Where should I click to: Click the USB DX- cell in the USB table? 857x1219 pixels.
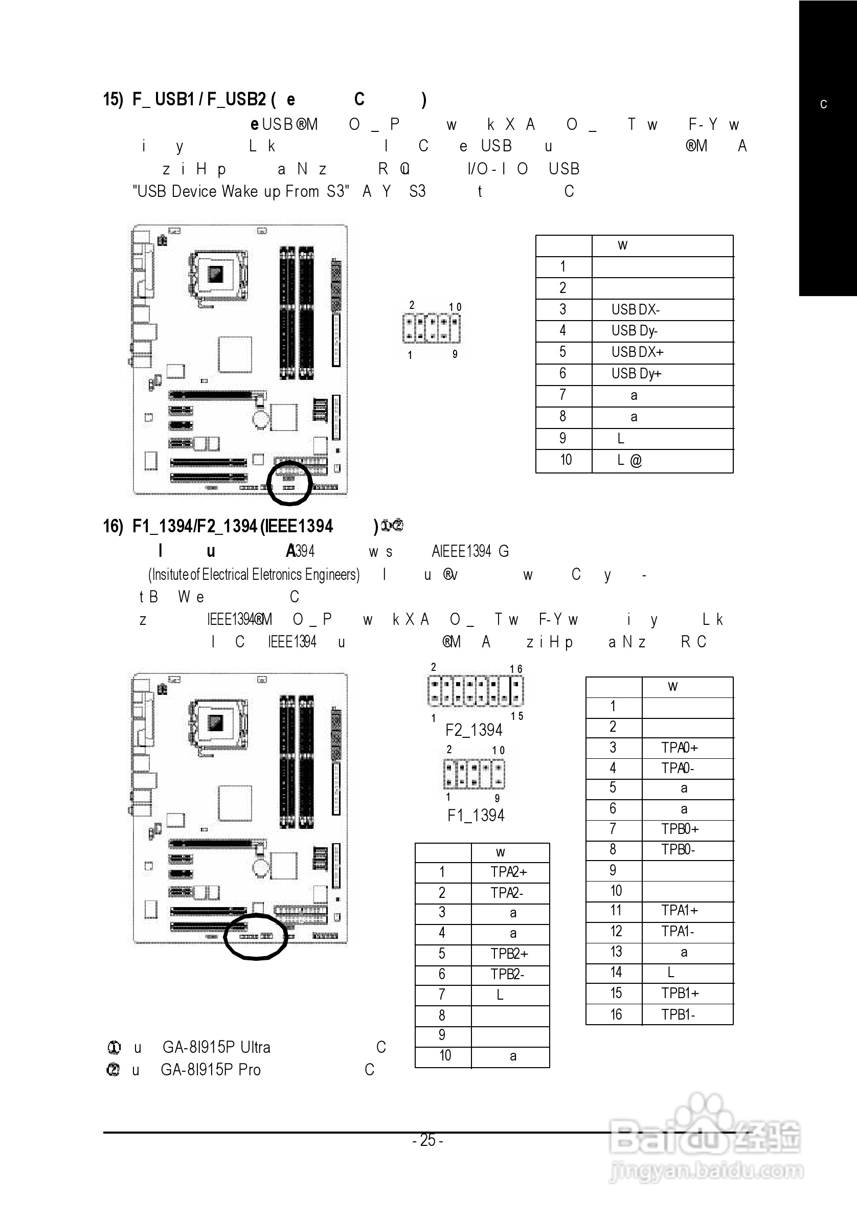coord(635,309)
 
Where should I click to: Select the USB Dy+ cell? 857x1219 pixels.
coord(636,374)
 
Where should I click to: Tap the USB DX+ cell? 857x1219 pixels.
coord(637,352)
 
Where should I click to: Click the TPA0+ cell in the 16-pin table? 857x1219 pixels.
coord(679,748)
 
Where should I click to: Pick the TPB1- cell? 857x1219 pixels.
coord(678,1014)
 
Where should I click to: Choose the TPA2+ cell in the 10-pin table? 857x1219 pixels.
coord(509,872)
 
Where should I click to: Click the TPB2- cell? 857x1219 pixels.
coord(507,974)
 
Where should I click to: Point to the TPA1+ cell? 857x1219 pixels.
coord(679,911)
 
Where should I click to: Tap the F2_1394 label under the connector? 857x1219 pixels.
coord(473,730)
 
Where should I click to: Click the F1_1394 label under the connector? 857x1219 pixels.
coord(476,815)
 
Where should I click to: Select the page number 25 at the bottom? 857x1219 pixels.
coord(428,1140)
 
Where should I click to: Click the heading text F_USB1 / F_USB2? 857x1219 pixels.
coord(199,99)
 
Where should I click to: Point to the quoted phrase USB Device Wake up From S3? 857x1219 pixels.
coord(240,191)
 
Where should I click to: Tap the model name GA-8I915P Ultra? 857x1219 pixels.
coord(216,1047)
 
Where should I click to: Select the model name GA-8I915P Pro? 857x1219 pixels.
coord(210,1069)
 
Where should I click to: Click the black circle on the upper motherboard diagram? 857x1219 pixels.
coord(289,483)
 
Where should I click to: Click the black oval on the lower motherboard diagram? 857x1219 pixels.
coord(255,937)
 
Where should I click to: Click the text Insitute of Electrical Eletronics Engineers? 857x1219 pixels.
coord(254,574)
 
